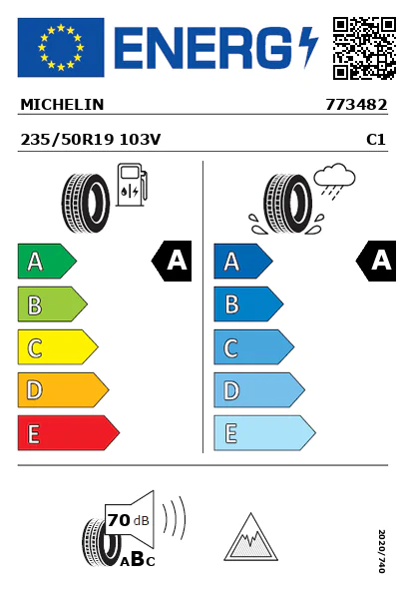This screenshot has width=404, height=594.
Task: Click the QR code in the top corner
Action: point(364,48)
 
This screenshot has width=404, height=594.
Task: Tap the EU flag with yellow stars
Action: point(61,47)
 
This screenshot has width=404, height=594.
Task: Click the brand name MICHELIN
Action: point(62,105)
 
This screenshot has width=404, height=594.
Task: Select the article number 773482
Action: point(356,105)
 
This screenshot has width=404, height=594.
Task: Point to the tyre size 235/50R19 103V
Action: point(91,140)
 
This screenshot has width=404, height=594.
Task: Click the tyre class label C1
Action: point(376,140)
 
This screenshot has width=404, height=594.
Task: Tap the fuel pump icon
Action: point(132,185)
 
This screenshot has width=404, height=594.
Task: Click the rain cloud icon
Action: point(335,181)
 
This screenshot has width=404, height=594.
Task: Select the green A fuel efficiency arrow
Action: point(47,262)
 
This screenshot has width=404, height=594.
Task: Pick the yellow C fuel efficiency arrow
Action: point(58,347)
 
